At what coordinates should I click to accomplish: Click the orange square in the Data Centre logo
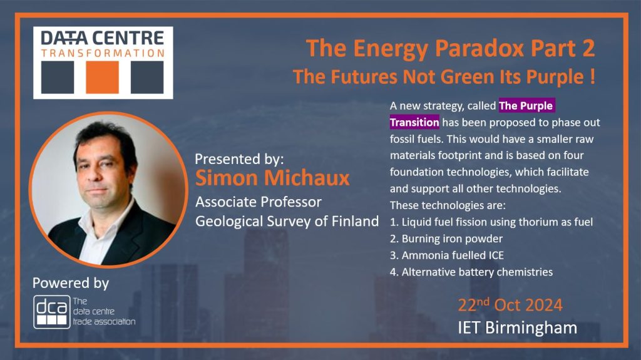(102, 77)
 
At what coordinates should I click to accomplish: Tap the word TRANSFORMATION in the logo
(103, 53)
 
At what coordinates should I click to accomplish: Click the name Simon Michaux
(272, 178)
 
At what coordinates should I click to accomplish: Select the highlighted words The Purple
(526, 106)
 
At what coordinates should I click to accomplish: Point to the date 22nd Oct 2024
(510, 305)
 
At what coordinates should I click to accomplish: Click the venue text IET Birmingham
(517, 328)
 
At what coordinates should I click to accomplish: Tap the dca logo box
(52, 312)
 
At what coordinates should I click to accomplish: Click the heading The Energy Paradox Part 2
(450, 48)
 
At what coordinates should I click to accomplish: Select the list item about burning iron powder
(446, 239)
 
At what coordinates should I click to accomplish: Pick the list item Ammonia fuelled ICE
(446, 255)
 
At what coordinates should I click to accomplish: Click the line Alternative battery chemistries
(471, 272)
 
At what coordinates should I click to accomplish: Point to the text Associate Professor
(259, 202)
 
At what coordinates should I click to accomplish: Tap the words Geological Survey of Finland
(287, 221)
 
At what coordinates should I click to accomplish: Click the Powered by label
(71, 283)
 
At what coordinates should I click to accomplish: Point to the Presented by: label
(239, 159)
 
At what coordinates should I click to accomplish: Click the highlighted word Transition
(414, 122)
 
